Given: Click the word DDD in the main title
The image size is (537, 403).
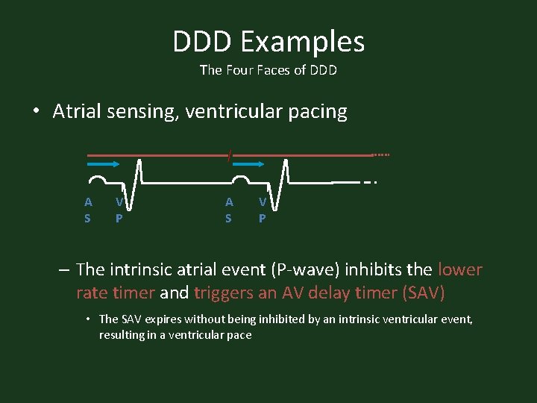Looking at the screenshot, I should coord(204,42).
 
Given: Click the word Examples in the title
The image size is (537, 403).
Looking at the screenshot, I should coord(301,43).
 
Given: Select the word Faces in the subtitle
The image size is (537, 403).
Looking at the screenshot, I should coord(280,71).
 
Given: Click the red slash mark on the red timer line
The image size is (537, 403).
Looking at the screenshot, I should coord(230,154).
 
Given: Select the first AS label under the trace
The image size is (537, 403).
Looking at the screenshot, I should coord(88,210).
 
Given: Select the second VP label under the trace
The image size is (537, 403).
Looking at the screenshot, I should coord(263,210).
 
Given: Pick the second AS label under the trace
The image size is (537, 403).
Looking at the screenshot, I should coord(229,210).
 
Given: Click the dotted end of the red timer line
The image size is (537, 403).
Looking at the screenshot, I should coord(380,155).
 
